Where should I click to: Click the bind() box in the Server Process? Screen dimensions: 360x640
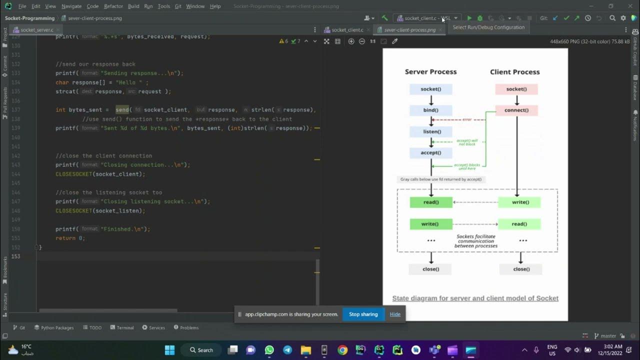(x=430, y=110)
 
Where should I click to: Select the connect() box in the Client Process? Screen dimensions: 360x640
(x=516, y=110)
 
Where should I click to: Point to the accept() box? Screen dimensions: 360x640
(x=430, y=152)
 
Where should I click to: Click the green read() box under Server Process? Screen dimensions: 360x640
(x=430, y=202)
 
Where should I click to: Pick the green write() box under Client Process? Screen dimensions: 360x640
(x=520, y=202)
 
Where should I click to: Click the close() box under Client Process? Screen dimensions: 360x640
(x=521, y=269)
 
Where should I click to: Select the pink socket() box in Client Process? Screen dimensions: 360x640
(x=516, y=89)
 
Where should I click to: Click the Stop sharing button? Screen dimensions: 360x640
(x=363, y=314)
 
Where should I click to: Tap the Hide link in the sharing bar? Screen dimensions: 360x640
(x=395, y=314)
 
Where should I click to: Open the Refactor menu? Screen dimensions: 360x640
(x=113, y=6)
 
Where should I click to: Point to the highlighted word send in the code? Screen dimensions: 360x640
(x=122, y=109)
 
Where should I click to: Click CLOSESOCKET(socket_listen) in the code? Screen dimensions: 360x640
(x=100, y=210)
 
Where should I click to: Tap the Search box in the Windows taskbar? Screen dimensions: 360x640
(x=201, y=350)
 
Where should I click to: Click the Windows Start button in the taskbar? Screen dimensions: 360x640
(x=169, y=350)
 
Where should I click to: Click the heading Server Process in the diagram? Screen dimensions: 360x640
(x=430, y=72)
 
